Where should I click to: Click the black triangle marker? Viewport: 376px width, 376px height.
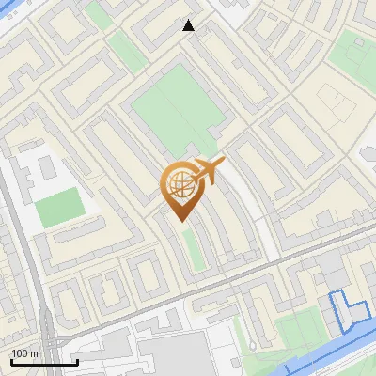pos(189,25)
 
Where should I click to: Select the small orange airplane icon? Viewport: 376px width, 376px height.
pos(210,171)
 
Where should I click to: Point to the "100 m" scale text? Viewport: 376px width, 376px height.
pos(24,352)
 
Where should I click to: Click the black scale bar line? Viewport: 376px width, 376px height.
pos(44,362)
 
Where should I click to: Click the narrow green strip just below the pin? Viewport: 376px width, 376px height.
pos(193,246)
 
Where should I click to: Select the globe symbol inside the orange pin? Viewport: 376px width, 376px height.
pos(180,181)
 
